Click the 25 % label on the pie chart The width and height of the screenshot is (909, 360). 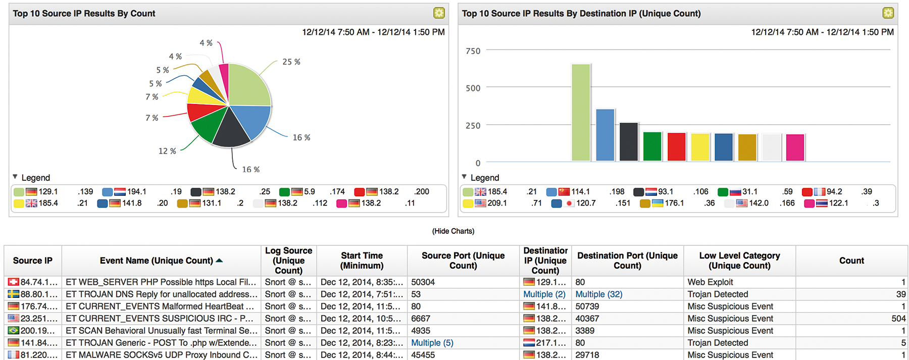point(291,62)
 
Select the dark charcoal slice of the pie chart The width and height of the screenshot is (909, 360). point(231,129)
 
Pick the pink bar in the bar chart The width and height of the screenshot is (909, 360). point(795,147)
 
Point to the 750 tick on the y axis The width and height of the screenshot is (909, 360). point(473,51)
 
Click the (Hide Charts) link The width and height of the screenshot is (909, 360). point(453,231)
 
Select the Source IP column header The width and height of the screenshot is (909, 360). point(33,261)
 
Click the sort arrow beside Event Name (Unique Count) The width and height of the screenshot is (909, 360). point(219,261)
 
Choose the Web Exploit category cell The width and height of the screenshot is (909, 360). point(710,282)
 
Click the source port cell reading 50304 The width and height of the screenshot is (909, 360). point(423,282)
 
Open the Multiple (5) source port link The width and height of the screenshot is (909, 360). point(432,343)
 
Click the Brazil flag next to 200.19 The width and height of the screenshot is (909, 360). point(14,331)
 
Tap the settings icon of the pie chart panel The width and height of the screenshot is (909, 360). point(439,13)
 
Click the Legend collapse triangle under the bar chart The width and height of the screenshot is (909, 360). point(464,177)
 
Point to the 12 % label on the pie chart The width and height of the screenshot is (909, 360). point(167,151)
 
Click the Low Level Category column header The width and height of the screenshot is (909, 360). point(739,261)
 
